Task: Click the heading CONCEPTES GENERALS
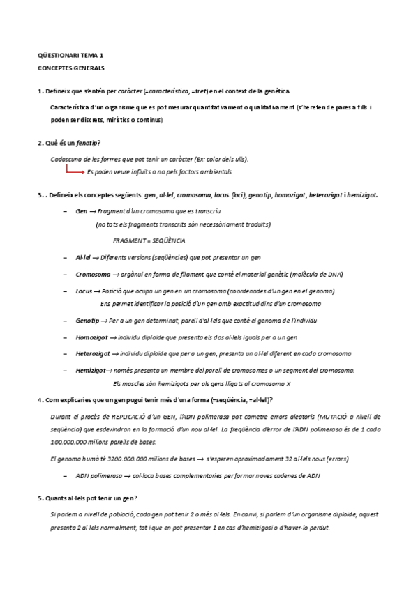pyautogui.click(x=70, y=68)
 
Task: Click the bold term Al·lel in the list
pyautogui.click(x=84, y=257)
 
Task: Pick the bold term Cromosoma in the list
pyautogui.click(x=92, y=274)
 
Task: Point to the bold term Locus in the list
pyautogui.click(x=84, y=291)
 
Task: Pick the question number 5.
pyautogui.click(x=39, y=498)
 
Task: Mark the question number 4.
pyautogui.click(x=39, y=399)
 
